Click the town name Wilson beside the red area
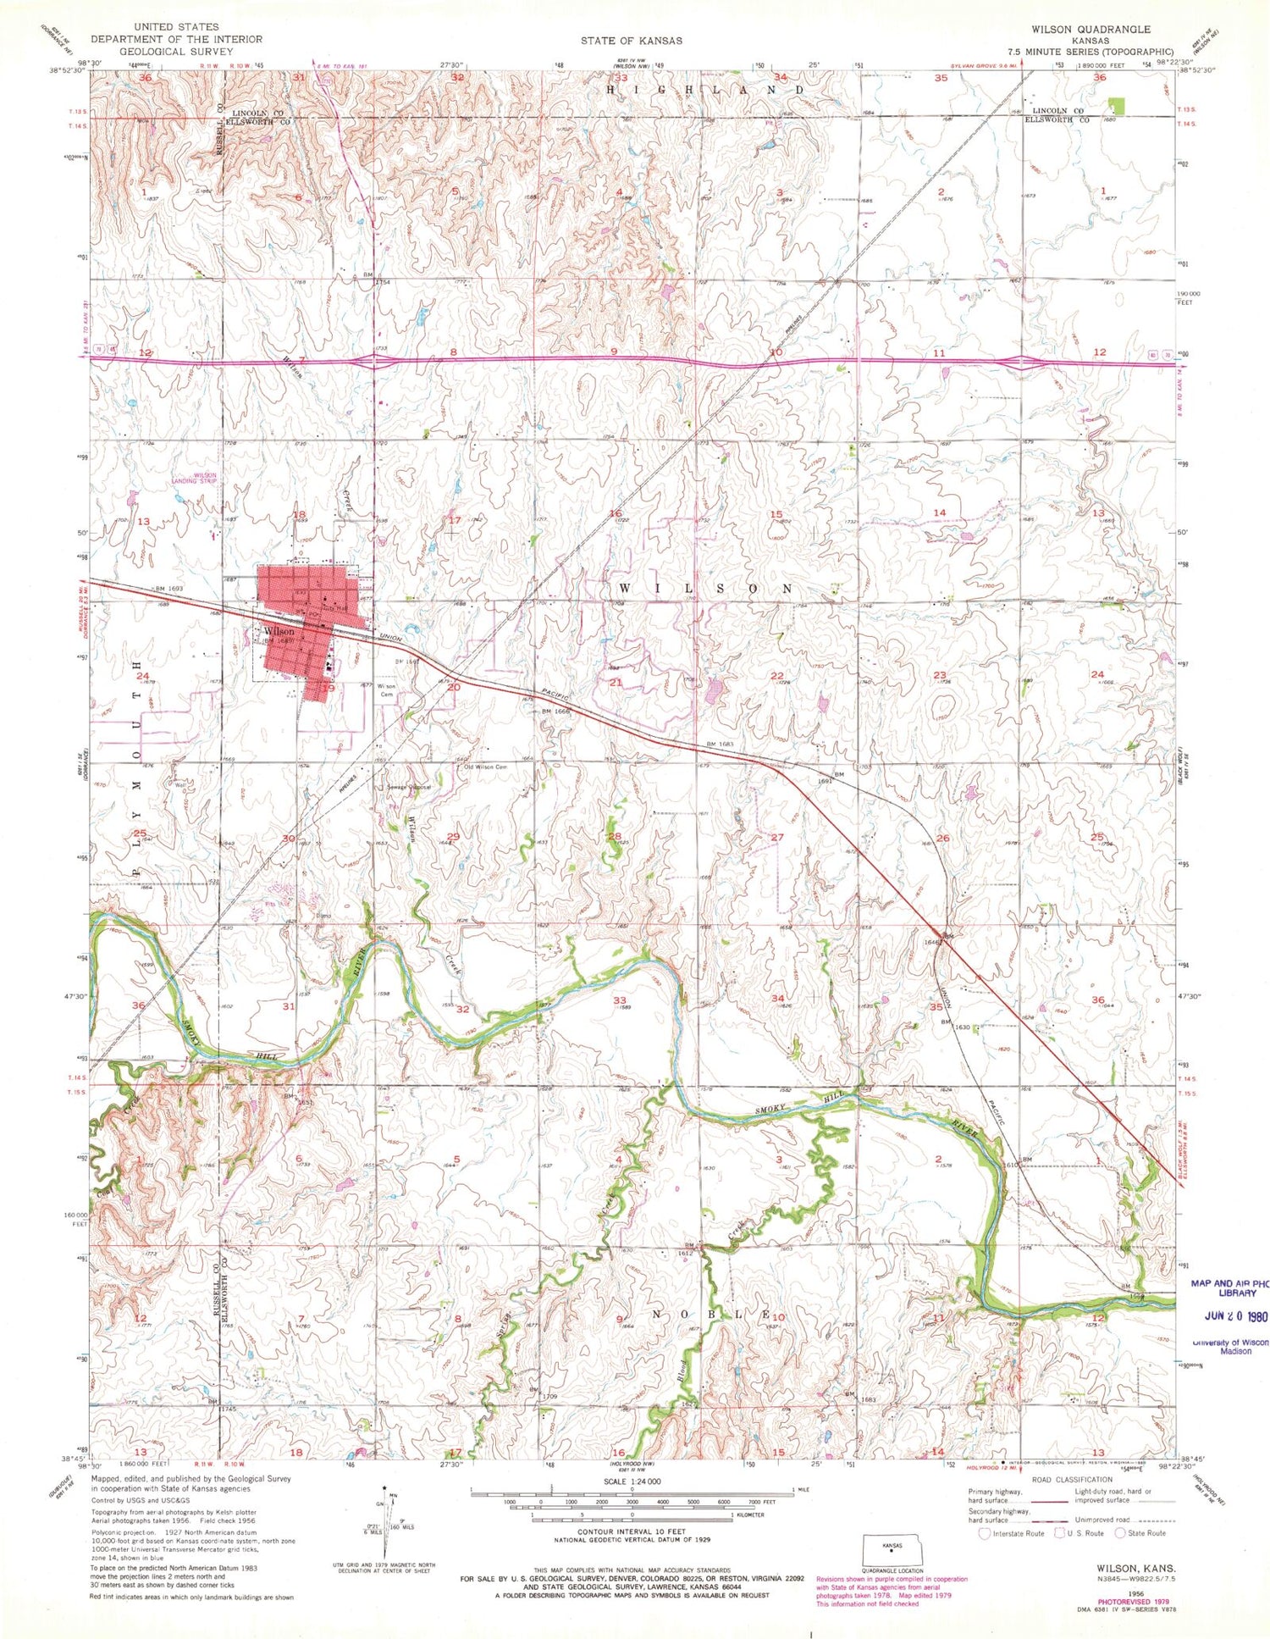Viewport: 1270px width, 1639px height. (279, 631)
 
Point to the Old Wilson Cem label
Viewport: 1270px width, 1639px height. (485, 767)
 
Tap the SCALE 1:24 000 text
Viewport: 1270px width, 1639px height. (632, 1481)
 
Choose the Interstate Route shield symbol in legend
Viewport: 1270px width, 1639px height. (984, 1533)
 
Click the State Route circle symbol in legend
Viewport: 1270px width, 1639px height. (1120, 1533)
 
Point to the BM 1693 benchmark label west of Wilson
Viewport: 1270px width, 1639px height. (169, 588)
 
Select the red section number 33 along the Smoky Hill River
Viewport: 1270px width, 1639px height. (619, 1000)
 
